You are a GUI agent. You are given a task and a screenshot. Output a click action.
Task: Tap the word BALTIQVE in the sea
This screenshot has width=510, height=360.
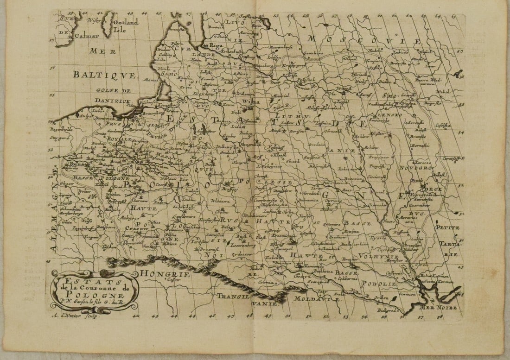[104, 75]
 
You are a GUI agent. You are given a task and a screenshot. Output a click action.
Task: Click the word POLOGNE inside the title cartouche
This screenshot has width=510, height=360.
[95, 295]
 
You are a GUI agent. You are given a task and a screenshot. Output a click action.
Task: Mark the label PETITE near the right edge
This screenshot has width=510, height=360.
[447, 227]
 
